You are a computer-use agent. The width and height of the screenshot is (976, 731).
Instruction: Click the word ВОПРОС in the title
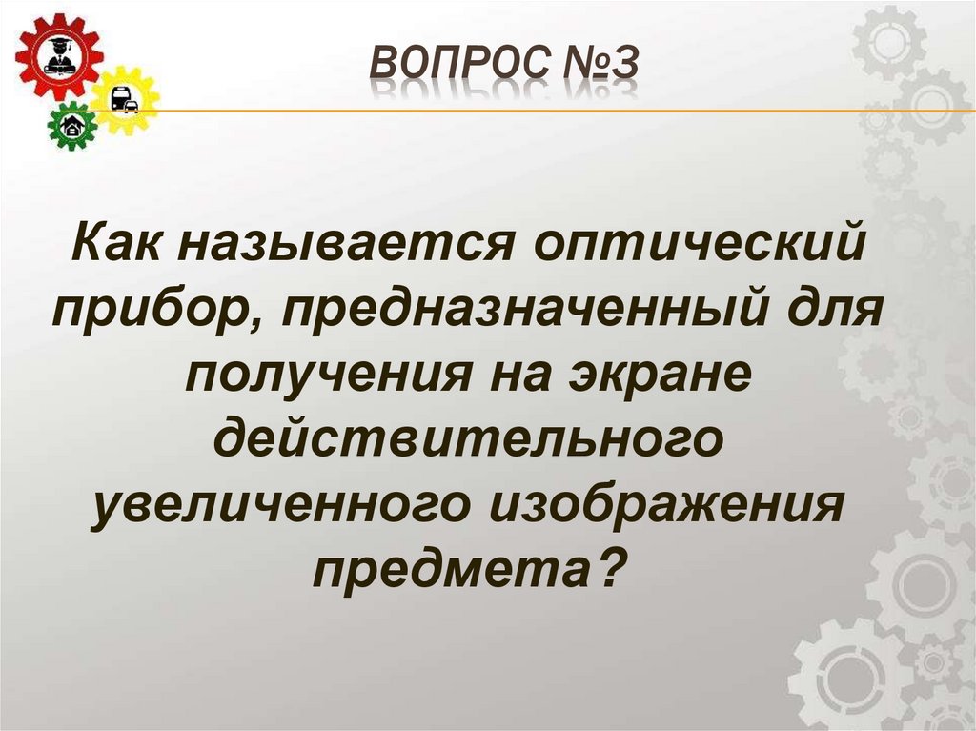pos(449,66)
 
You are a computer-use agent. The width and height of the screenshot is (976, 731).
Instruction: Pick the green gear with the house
pos(72,125)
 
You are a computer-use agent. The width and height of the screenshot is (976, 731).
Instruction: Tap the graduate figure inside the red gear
pos(56,54)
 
